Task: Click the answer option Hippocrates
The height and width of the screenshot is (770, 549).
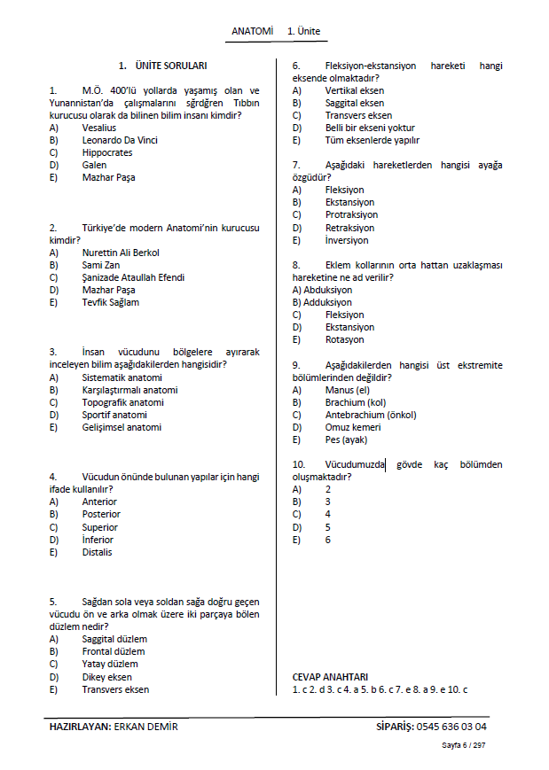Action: pos(106,152)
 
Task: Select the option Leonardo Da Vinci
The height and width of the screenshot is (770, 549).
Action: pos(119,140)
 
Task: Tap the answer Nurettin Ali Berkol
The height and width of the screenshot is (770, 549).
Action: pos(121,253)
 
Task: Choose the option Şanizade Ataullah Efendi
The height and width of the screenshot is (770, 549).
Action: pos(133,277)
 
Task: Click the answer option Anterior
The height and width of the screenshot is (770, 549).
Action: pos(99,502)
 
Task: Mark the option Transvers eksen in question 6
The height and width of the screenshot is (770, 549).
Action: pos(358,115)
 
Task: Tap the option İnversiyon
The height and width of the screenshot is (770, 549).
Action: pos(349,240)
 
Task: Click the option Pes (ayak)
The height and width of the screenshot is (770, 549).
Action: pos(346,439)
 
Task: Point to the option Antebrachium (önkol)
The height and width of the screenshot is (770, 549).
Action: pos(370,415)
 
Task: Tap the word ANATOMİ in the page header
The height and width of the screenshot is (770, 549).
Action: pos(252,31)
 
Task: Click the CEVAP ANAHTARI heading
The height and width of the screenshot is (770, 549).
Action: pos(330,676)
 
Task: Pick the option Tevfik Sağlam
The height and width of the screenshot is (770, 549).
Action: pos(110,302)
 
